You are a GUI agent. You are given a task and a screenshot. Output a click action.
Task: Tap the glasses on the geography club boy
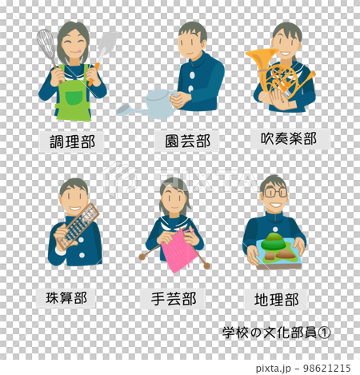pos(274,192)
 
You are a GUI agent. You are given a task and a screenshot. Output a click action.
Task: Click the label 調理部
pos(72,142)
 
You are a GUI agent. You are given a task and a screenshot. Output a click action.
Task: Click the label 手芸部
pos(174,299)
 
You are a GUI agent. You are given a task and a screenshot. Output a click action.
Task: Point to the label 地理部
pos(276,299)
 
